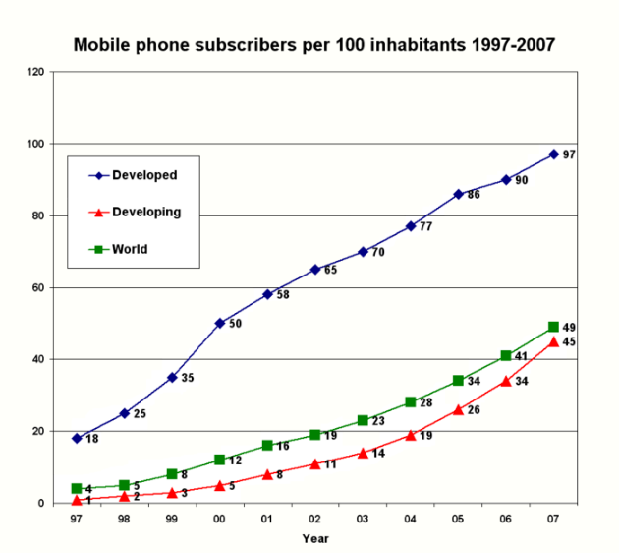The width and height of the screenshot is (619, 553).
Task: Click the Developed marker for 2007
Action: pos(553,154)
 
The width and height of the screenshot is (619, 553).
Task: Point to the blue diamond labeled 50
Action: pos(219,323)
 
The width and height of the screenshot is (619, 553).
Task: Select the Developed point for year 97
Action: pos(77,438)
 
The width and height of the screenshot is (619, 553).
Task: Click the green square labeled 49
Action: pos(553,327)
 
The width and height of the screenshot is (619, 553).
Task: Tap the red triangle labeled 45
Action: pos(553,341)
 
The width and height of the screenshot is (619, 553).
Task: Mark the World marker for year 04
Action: pos(411,402)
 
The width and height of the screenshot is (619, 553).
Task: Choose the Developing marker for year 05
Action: pos(458,409)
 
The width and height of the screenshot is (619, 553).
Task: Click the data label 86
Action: pos(474,195)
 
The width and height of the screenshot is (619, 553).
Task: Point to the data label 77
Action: pos(426,227)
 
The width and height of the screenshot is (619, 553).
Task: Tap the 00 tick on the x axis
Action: pos(219,520)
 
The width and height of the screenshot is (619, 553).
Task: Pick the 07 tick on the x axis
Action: pos(553,520)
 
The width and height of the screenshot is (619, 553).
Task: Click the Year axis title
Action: pos(315,538)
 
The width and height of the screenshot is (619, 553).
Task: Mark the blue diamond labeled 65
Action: pos(314,269)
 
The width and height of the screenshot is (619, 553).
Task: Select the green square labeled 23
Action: pos(363,420)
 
